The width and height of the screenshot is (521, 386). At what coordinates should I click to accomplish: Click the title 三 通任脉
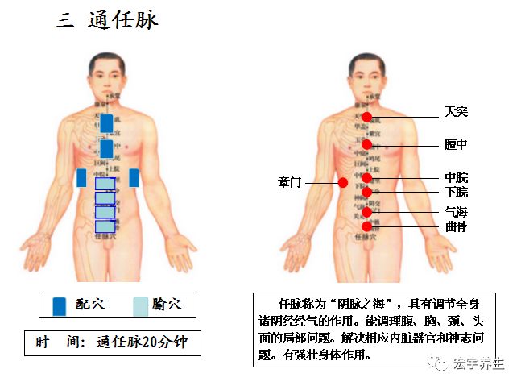click(x=105, y=20)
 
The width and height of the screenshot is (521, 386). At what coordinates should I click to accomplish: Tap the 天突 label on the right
click(x=456, y=111)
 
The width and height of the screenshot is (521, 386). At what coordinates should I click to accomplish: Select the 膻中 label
click(x=456, y=144)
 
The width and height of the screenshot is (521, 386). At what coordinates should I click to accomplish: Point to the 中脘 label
click(x=456, y=177)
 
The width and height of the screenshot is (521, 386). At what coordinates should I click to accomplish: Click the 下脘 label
click(x=456, y=193)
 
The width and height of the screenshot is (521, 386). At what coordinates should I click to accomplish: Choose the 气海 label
click(x=456, y=212)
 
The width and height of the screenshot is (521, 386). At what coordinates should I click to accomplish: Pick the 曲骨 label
click(x=456, y=226)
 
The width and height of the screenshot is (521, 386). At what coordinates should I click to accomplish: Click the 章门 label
click(x=289, y=183)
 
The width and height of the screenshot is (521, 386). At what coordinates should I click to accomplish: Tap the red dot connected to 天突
click(x=367, y=117)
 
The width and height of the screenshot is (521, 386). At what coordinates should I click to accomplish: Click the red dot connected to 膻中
click(x=367, y=145)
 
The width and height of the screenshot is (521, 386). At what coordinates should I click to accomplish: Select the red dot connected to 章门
click(x=343, y=183)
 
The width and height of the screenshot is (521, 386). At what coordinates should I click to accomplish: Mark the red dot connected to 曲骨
click(x=367, y=227)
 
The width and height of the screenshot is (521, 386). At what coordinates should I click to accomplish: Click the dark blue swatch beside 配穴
click(x=59, y=305)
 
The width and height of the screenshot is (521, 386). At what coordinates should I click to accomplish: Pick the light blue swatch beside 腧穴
click(x=140, y=305)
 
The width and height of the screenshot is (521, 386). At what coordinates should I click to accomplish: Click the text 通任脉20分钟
click(x=143, y=342)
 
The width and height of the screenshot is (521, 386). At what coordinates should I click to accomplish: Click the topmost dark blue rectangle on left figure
click(x=106, y=123)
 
